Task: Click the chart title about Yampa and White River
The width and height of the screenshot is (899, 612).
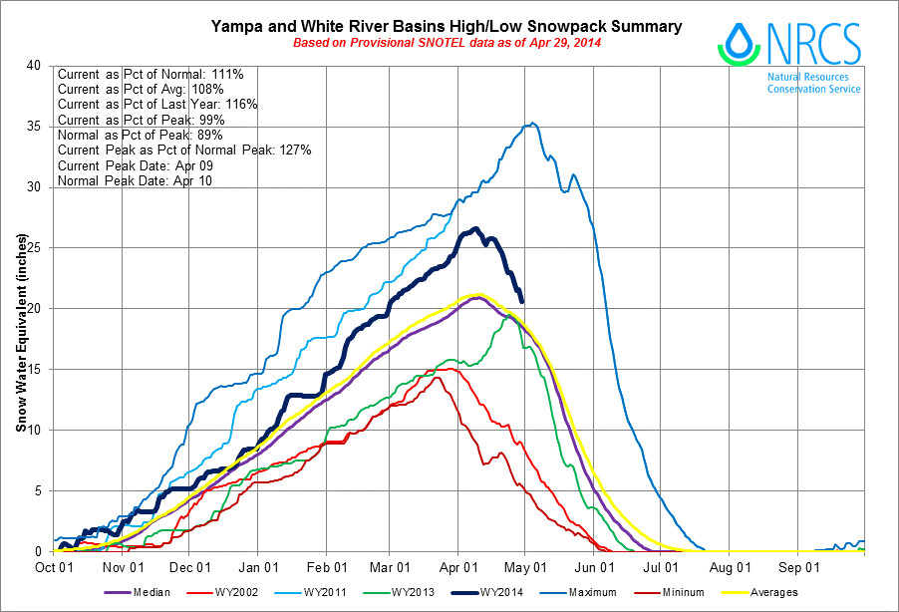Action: [447, 26]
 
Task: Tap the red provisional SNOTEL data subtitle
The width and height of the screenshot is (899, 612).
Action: [447, 45]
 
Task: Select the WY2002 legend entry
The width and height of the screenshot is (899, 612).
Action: [241, 592]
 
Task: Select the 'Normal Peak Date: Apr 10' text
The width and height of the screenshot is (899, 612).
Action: [134, 181]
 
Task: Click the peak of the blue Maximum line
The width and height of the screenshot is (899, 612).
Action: [533, 124]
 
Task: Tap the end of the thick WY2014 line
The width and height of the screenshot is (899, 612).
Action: [522, 301]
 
